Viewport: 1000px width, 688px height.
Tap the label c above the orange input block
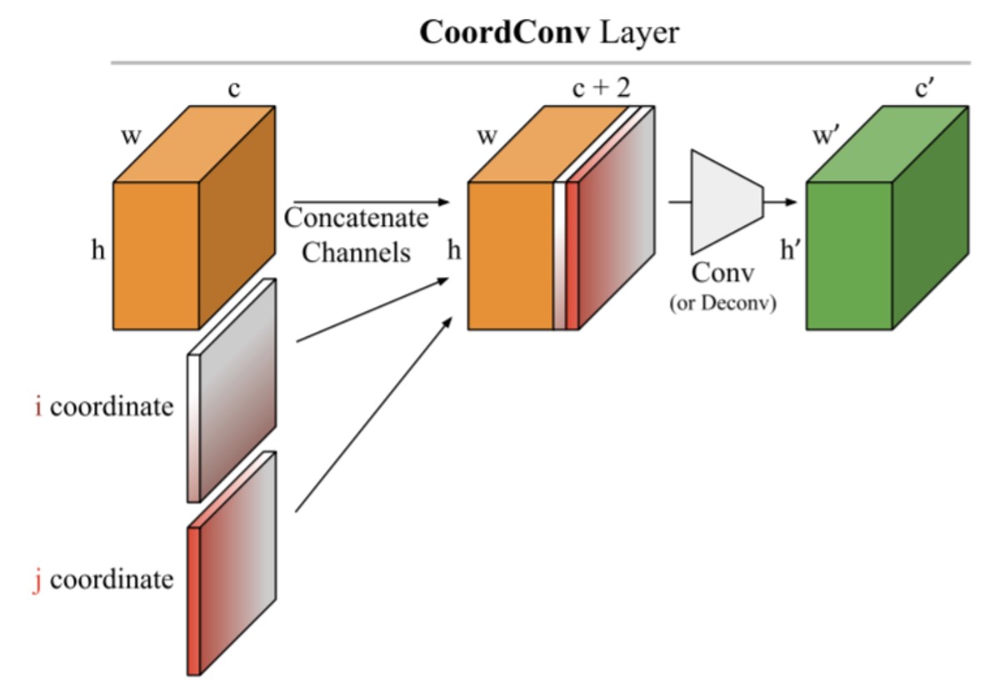234,88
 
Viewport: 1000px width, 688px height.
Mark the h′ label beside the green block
790,250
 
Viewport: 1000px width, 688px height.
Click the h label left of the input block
98,250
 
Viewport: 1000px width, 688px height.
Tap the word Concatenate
357,218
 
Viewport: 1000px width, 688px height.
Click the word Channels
357,252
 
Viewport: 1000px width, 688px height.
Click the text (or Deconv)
722,304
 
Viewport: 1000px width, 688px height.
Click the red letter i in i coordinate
38,407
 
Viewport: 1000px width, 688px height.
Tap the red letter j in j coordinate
37,579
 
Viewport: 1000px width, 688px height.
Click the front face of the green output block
849,254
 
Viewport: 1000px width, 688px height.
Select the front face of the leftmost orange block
156,254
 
